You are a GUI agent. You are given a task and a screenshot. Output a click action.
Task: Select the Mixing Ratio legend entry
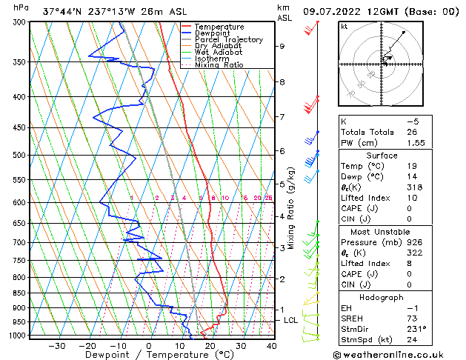pos(219,65)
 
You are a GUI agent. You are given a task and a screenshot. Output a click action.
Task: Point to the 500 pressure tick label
pos(20,156)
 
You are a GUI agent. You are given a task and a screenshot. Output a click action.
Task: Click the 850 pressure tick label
pos(20,293)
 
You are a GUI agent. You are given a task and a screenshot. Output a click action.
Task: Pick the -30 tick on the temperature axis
pos(56,345)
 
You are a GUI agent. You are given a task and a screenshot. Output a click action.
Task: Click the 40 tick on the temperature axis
pos(272,345)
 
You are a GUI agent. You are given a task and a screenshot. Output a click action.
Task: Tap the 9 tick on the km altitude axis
pos(282,46)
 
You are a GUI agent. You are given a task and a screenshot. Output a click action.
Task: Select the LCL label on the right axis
pos(291,320)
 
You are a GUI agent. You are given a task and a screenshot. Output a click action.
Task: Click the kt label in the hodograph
pos(344,27)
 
